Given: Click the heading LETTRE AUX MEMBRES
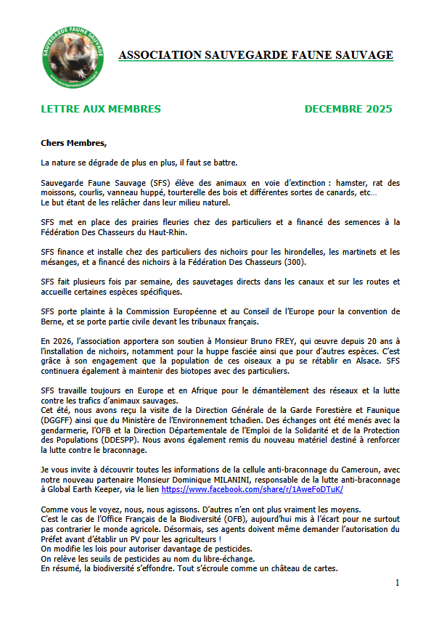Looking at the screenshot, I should (101, 110).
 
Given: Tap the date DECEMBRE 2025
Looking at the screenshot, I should (348, 110).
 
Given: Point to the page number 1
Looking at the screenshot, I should (397, 583).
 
